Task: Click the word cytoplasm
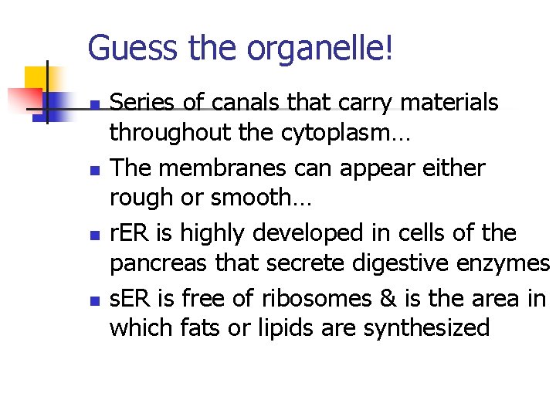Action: pos(343,133)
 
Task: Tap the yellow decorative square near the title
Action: pos(36,78)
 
